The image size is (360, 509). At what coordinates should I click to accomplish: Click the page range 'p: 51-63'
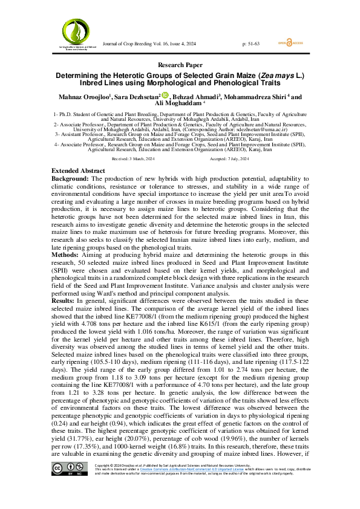click(x=250, y=44)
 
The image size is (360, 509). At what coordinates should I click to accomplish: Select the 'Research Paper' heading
click(x=180, y=65)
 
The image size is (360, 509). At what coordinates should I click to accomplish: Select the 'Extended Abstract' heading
click(x=77, y=171)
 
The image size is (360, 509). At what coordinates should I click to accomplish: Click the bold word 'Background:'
click(x=70, y=179)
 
